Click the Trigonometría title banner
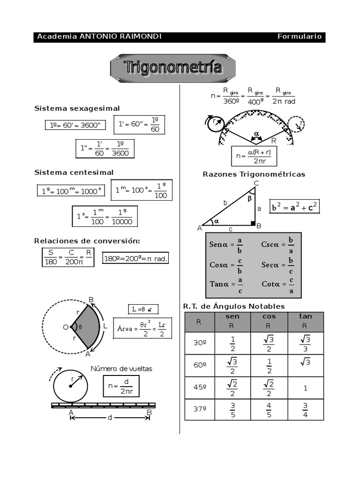pyautogui.click(x=173, y=68)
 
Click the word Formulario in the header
pyautogui.click(x=299, y=37)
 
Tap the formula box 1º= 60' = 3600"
pyautogui.click(x=75, y=125)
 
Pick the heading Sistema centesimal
pyautogui.click(x=74, y=172)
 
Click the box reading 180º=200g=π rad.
pyautogui.click(x=135, y=259)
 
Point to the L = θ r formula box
pyautogui.click(x=143, y=309)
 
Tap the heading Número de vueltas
pyautogui.click(x=121, y=368)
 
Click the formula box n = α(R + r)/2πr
pyautogui.click(x=254, y=156)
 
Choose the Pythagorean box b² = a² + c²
pyautogui.click(x=295, y=207)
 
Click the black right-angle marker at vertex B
pyautogui.click(x=253, y=223)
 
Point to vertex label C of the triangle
pyautogui.click(x=256, y=183)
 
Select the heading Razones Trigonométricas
pyautogui.click(x=254, y=174)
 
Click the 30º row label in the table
pyautogui.click(x=200, y=343)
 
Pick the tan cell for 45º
pyautogui.click(x=305, y=388)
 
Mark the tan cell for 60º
pyautogui.click(x=305, y=366)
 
